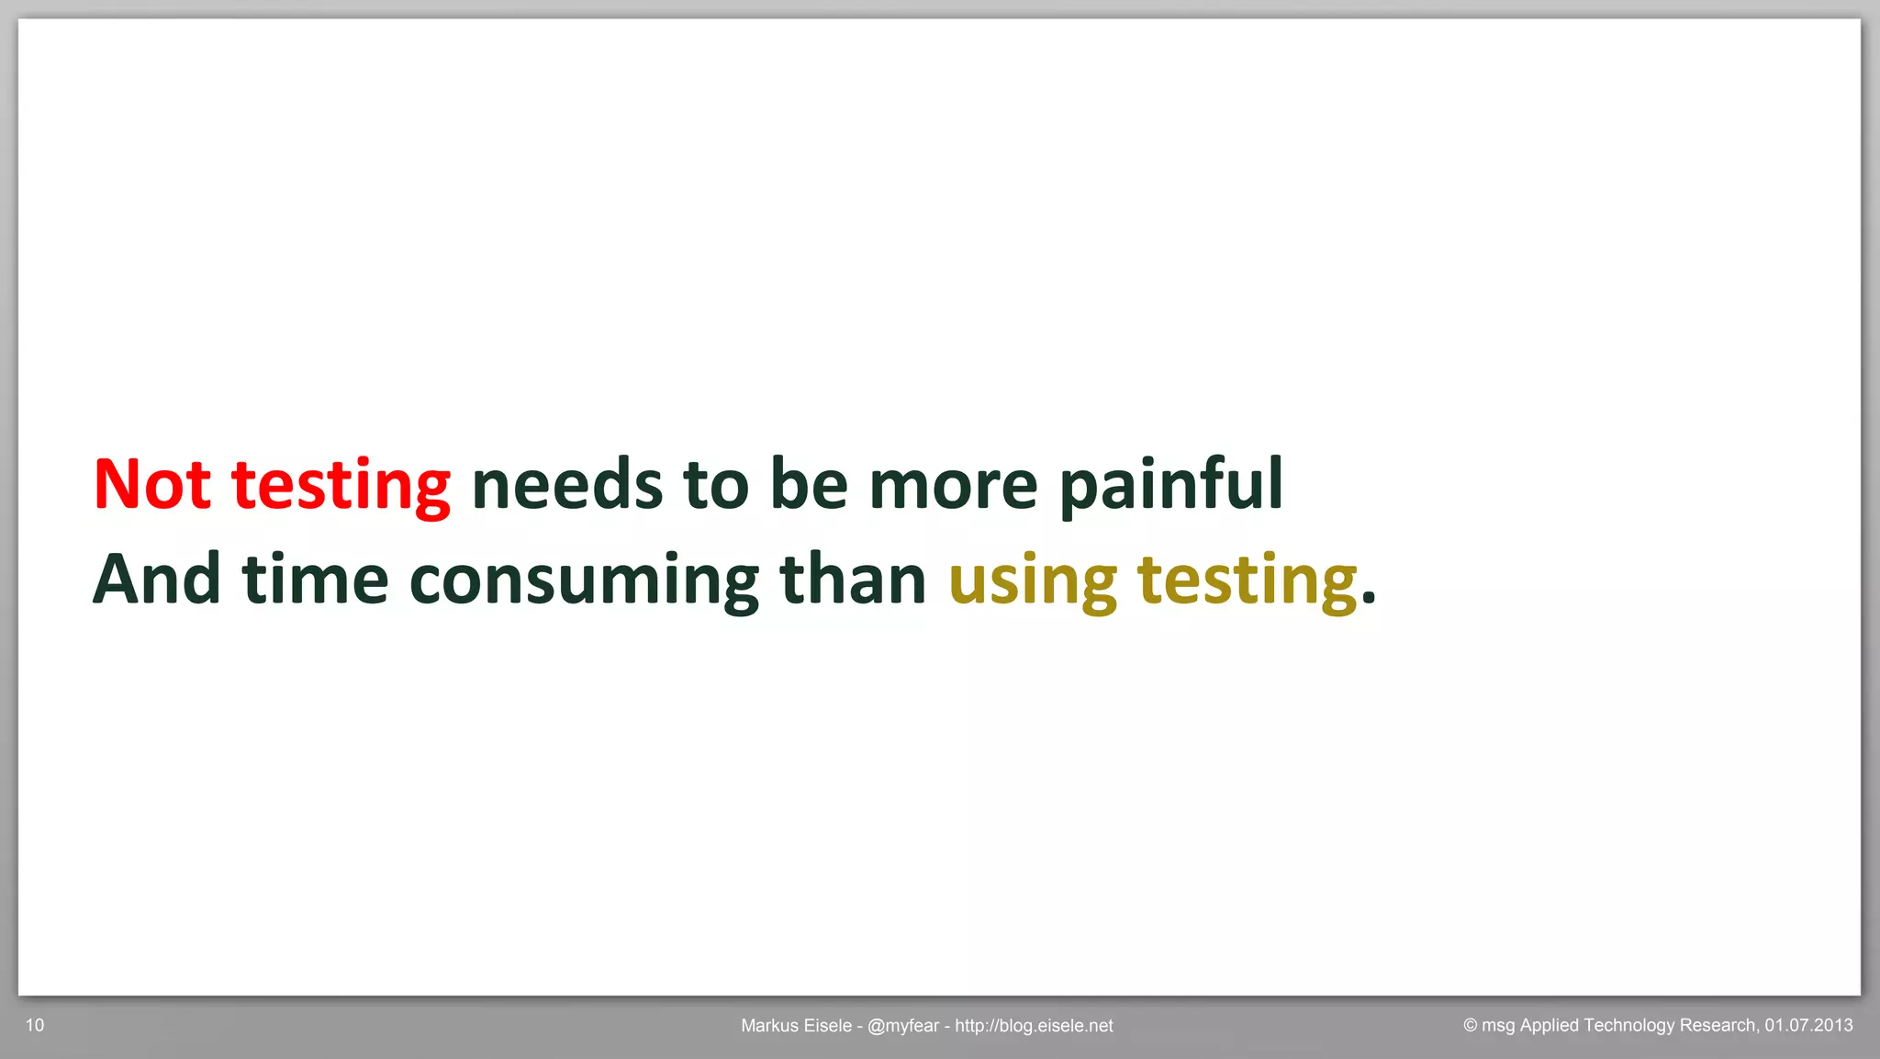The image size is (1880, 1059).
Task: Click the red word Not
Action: [152, 484]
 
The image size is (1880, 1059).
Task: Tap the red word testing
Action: [341, 487]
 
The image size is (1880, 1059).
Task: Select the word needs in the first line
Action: [566, 484]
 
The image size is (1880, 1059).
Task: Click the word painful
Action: [1170, 484]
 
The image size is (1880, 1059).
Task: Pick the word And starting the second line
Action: [157, 580]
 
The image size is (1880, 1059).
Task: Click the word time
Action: [315, 580]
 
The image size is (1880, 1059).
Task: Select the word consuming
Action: [584, 582]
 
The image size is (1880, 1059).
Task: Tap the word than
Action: [853, 580]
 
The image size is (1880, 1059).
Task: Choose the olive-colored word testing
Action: [1247, 582]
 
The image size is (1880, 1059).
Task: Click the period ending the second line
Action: [1369, 600]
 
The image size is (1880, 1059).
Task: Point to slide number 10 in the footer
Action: [35, 1025]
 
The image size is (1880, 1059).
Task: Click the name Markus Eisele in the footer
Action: [796, 1026]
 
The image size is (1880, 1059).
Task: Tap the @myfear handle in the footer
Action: [902, 1026]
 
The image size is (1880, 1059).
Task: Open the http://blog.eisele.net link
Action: [1034, 1026]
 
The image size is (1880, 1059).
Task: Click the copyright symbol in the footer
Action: [1470, 1026]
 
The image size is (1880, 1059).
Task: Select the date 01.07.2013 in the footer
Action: [1808, 1025]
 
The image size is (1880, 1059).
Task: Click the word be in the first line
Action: [809, 484]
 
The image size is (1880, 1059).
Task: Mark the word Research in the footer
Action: [1718, 1025]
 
